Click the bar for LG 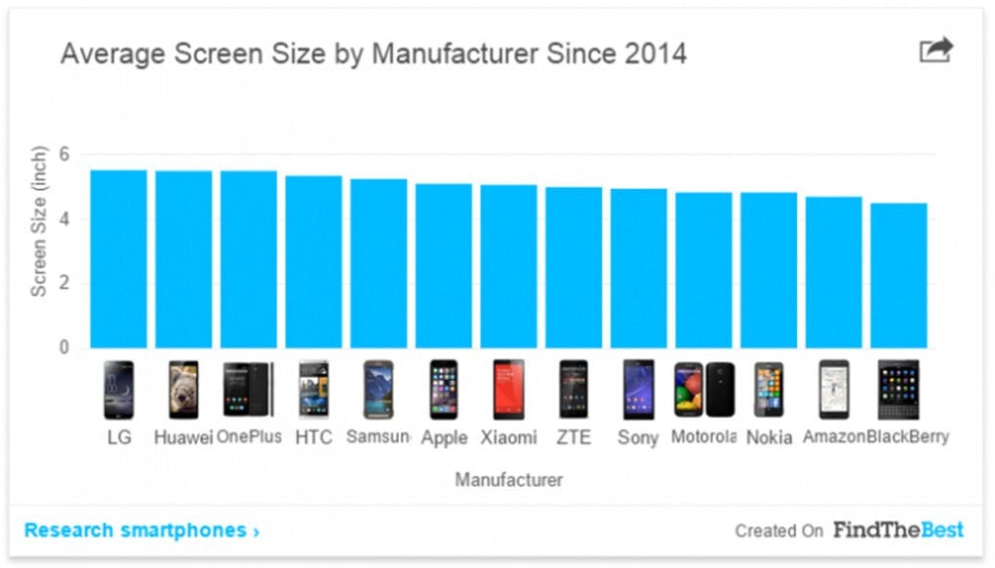tap(119, 259)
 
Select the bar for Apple tap(444, 265)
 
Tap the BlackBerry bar tap(898, 275)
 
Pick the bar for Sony tap(639, 268)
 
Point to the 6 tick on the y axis tap(65, 154)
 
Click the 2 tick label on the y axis tap(65, 284)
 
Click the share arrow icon tap(935, 50)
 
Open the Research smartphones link tap(141, 530)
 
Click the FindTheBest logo tap(897, 530)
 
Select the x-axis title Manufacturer tap(508, 479)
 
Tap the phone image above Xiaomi tap(508, 390)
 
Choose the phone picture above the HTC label tap(313, 390)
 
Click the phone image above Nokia tap(769, 390)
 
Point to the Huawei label tap(183, 437)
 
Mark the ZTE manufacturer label tap(574, 437)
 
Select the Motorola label tap(703, 436)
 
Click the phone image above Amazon tap(834, 390)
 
